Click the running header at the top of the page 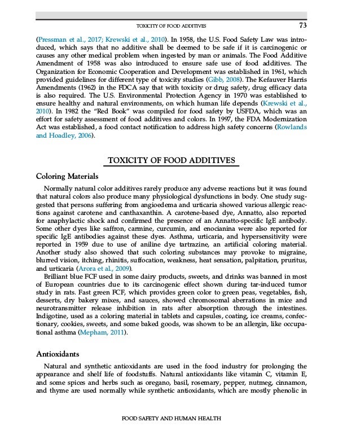pos(172,26)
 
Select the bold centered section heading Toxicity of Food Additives pos(179,161)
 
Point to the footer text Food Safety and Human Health pos(172,418)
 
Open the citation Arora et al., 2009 pos(95,269)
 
